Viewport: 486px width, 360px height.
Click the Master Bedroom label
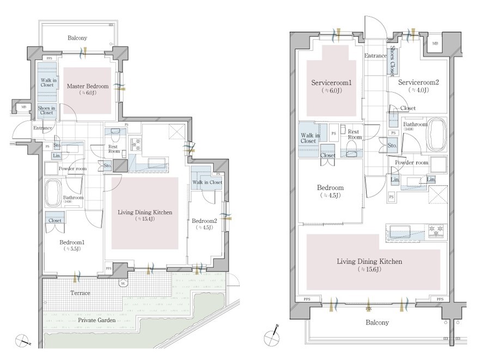(87, 86)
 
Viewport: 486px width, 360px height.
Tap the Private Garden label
(96, 321)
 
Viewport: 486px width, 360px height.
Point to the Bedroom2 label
(204, 221)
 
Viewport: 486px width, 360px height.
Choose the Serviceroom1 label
(331, 83)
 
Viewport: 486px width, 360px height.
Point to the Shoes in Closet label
(46, 111)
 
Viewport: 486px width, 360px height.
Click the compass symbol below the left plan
(23, 341)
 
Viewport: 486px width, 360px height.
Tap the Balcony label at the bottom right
(376, 322)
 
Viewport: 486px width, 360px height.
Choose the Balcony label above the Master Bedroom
(77, 38)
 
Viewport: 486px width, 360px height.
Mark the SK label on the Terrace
(124, 283)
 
